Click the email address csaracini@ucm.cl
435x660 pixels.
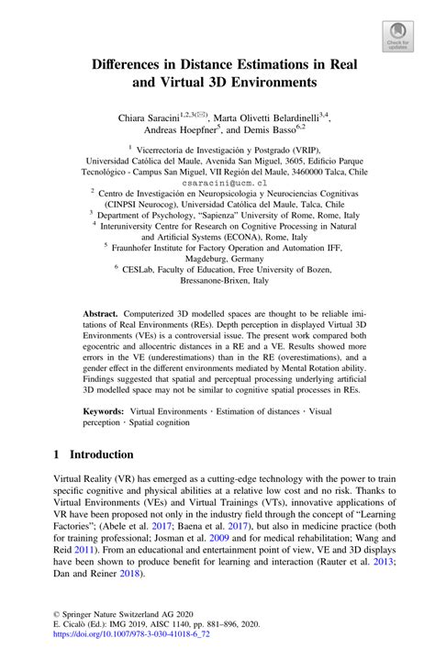[x=217, y=183]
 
